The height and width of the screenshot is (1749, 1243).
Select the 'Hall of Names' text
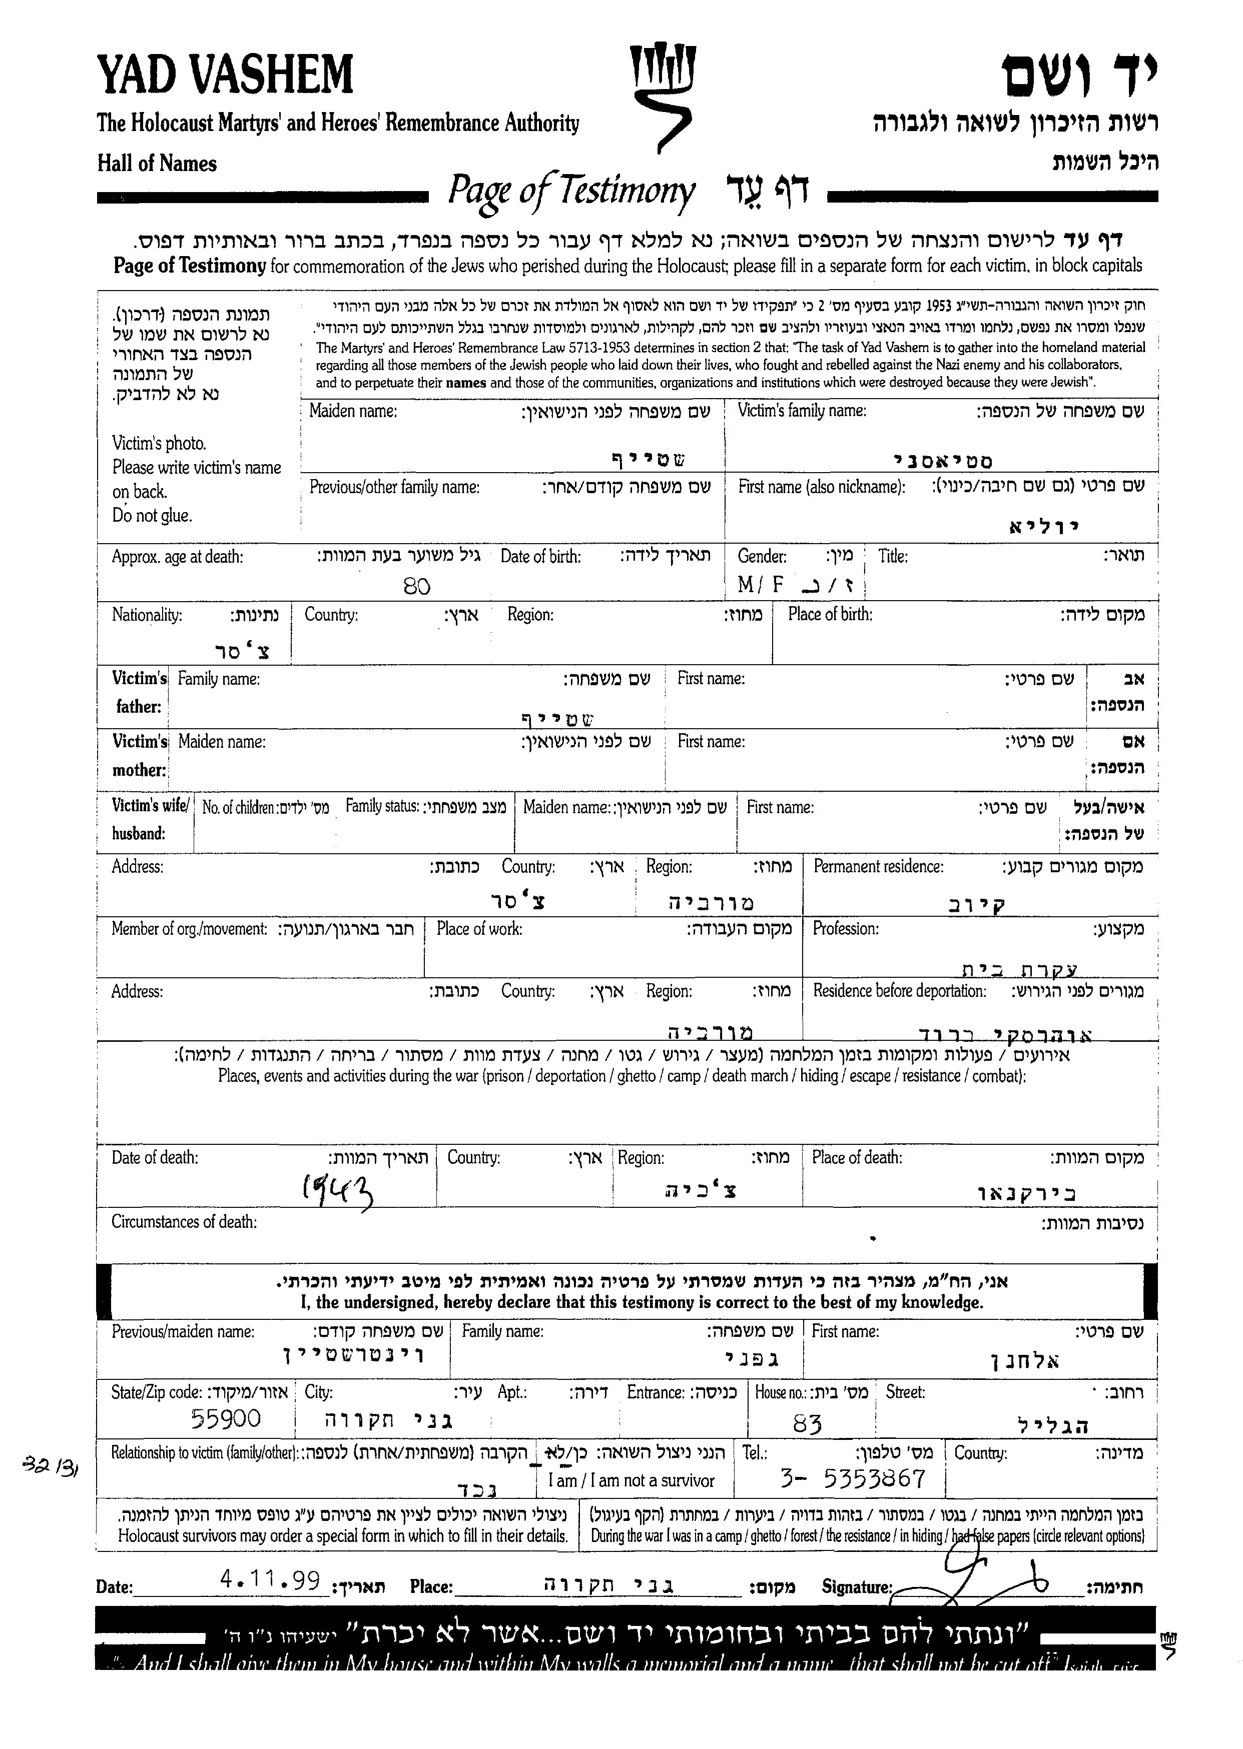pos(157,164)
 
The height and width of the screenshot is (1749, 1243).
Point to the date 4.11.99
pos(269,1580)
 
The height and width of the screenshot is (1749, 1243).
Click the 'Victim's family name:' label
pos(801,411)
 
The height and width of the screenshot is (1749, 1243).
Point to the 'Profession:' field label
pos(845,929)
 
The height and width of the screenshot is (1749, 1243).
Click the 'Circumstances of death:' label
pos(184,1222)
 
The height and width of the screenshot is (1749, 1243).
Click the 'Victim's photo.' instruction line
pos(159,443)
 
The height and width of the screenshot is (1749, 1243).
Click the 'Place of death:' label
pos(857,1158)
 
